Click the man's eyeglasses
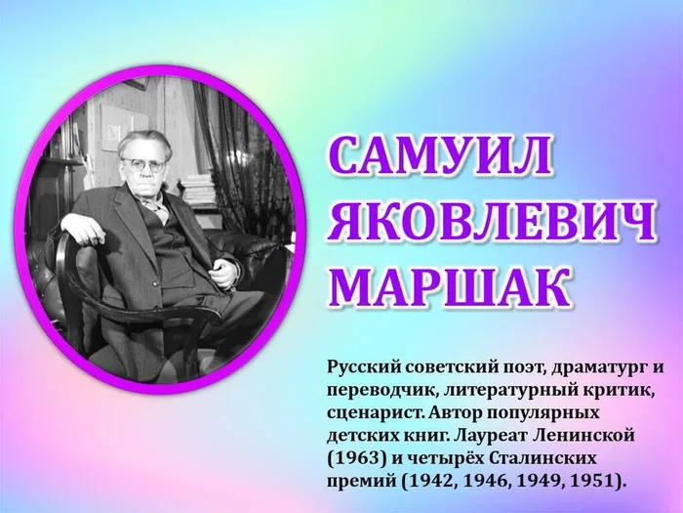tap(144, 165)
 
